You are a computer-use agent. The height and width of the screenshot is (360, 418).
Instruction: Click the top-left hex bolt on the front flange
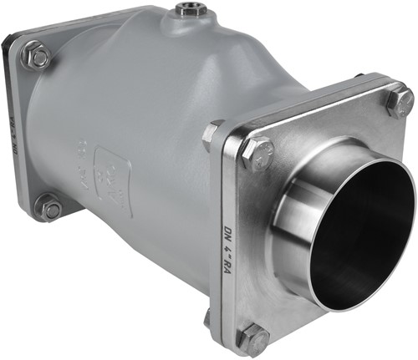pos(255,153)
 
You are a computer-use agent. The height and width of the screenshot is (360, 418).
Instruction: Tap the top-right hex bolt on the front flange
pos(400,101)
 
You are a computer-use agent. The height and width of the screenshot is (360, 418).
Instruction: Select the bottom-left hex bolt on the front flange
pos(254,338)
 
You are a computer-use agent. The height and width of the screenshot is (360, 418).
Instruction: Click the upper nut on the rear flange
pos(36,57)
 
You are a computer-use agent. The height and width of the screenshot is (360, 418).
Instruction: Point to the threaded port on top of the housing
pos(186,12)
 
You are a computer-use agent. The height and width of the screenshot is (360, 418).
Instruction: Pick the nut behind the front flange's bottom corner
pos(208,317)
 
